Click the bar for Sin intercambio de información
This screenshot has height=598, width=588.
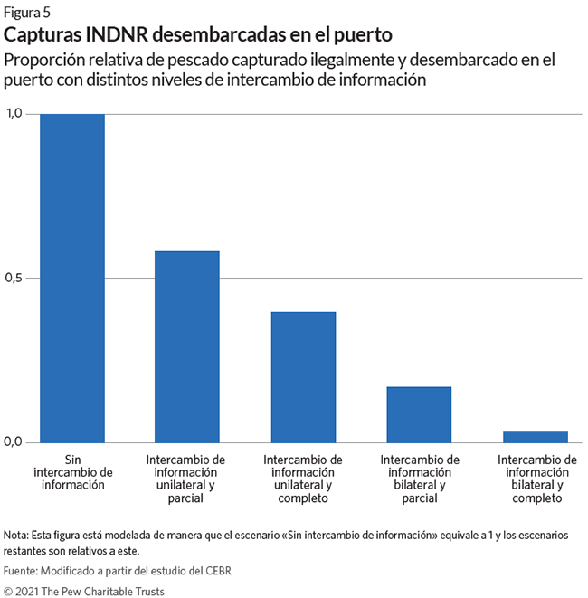click(72, 278)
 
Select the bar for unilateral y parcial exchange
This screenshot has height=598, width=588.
click(187, 346)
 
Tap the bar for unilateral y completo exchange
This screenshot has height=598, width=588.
click(303, 377)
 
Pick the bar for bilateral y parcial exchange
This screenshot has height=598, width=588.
click(419, 414)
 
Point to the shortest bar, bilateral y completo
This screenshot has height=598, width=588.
click(535, 437)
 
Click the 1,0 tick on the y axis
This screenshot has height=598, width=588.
click(14, 114)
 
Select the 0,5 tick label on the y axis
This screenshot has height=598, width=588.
click(14, 278)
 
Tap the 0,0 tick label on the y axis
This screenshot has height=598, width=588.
click(14, 442)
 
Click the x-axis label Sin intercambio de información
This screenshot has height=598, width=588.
click(72, 471)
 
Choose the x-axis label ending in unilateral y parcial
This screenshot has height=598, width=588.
click(187, 478)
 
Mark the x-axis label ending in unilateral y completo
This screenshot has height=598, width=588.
click(303, 478)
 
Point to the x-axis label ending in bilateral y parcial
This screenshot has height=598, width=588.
click(419, 478)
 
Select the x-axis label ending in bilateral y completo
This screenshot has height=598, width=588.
click(535, 478)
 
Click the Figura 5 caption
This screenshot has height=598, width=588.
click(27, 13)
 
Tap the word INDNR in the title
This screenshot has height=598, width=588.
click(119, 35)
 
